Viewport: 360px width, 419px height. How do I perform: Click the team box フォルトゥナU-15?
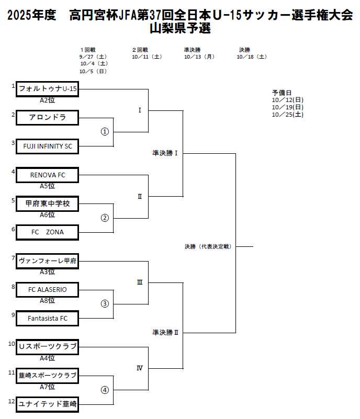click(x=47, y=89)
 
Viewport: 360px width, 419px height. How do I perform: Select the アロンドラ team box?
click(x=47, y=118)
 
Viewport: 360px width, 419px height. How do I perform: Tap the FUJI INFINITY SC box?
click(x=47, y=146)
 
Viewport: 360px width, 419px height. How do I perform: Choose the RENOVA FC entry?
click(x=47, y=175)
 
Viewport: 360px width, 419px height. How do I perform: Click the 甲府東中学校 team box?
click(x=47, y=203)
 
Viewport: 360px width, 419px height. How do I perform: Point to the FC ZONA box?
click(x=47, y=232)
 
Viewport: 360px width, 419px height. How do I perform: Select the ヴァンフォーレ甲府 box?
click(x=47, y=261)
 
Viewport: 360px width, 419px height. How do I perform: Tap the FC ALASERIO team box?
click(x=47, y=289)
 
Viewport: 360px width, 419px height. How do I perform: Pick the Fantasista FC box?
click(x=47, y=318)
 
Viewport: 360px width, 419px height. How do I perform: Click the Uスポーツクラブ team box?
click(x=47, y=346)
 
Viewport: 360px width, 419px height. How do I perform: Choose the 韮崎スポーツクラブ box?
click(x=47, y=375)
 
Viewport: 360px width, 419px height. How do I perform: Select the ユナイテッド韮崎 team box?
click(x=47, y=403)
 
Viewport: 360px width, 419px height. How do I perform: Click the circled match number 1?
click(x=105, y=132)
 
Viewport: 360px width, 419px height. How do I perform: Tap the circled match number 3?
click(x=105, y=303)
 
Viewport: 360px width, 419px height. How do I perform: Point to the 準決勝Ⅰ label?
click(x=165, y=153)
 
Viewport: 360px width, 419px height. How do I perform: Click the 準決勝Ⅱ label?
click(x=165, y=332)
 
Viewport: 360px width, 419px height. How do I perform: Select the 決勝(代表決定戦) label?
click(x=208, y=246)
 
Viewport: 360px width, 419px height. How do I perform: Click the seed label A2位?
click(x=47, y=100)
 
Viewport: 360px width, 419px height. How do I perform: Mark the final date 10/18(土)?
click(x=252, y=56)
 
